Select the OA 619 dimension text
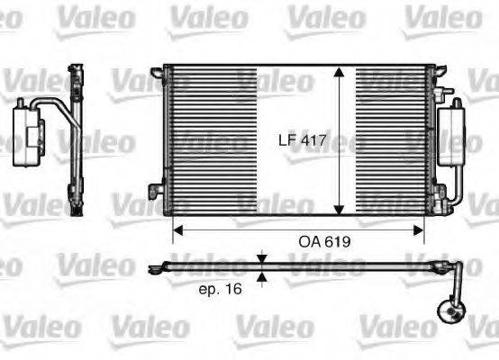(x=324, y=242)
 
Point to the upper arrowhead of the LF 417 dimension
(x=339, y=73)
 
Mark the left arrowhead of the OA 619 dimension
(x=177, y=229)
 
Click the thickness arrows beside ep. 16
(x=261, y=268)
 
